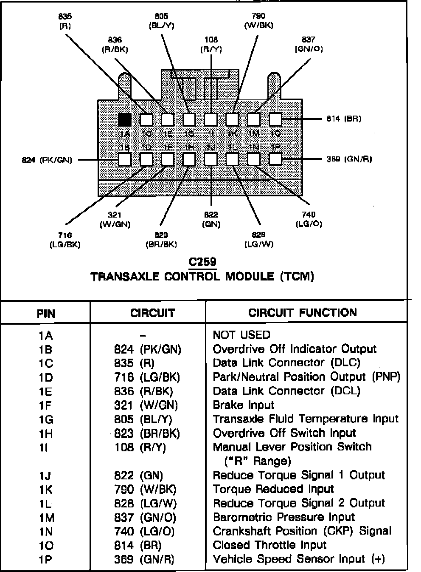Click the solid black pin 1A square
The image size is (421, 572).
tap(125, 119)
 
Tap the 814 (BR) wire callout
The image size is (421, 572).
tap(344, 119)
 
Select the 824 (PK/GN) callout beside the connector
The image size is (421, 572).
tap(47, 160)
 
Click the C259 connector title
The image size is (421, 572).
tap(202, 262)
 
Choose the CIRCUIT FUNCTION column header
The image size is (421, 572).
tap(302, 313)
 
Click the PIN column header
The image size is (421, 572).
tap(46, 314)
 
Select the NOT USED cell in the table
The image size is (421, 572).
tap(241, 335)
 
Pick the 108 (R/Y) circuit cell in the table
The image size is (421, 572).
tap(140, 447)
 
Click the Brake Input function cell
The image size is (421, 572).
tap(243, 405)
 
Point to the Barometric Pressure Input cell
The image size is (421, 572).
tap(283, 517)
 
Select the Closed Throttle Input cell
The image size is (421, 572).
tap(269, 545)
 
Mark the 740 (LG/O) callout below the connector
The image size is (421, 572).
tap(309, 219)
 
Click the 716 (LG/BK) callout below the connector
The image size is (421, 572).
tap(65, 240)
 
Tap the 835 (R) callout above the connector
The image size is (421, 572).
tap(65, 21)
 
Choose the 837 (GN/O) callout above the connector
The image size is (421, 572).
tap(309, 44)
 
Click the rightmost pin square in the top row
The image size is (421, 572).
tap(275, 119)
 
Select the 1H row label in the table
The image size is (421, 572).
tap(46, 433)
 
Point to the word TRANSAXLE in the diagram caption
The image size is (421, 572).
tap(125, 277)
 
